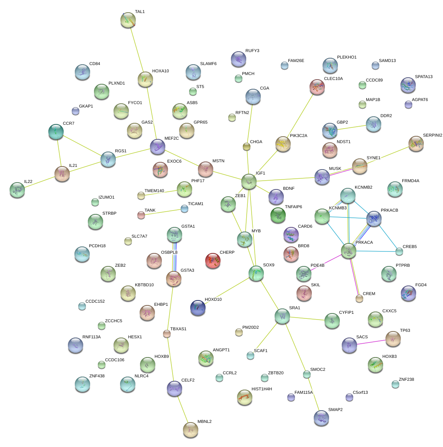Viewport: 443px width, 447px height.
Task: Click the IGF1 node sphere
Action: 249,181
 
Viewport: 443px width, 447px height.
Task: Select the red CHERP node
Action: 213,261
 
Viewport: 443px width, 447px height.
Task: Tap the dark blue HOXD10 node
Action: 198,307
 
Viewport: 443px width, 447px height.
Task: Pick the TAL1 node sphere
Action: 128,20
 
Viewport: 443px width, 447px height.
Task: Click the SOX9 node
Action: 256,273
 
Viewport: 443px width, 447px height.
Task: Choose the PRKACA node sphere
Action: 349,251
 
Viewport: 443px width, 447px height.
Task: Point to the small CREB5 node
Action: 399,251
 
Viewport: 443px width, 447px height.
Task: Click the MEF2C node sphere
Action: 158,147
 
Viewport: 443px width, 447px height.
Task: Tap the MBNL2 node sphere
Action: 191,430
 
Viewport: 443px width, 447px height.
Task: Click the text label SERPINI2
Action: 432,135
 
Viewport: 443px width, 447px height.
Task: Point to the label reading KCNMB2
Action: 363,188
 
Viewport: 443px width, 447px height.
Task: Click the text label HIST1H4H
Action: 262,389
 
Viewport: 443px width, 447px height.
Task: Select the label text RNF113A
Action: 91,337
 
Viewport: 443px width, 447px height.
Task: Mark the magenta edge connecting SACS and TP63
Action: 371,342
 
